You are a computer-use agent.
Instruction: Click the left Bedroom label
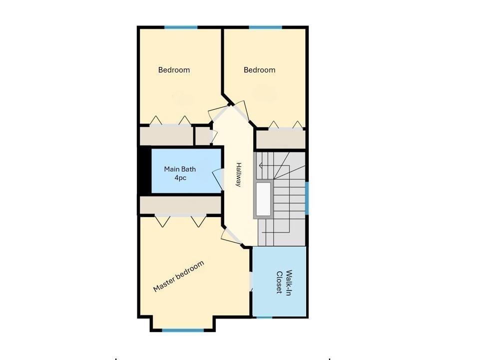tap(174, 70)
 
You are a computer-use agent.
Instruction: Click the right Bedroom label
tap(259, 70)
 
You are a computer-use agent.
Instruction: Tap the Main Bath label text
tap(180, 173)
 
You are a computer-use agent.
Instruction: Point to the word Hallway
tap(239, 174)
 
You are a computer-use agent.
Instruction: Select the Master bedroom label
tap(179, 276)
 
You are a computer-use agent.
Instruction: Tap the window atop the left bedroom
tap(181, 27)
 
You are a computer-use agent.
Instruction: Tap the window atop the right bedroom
tap(265, 27)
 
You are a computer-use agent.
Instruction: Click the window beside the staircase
tap(307, 197)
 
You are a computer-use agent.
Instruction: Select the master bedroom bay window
tap(183, 330)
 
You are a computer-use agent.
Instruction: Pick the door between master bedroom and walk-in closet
tap(251, 281)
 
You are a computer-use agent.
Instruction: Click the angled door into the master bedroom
tap(230, 235)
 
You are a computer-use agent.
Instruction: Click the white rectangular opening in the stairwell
tap(263, 198)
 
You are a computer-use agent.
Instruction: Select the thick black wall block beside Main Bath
tap(144, 170)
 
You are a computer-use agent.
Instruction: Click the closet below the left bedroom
tap(166, 136)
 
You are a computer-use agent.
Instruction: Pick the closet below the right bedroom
tap(280, 139)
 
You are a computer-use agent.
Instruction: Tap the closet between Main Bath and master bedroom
tap(180, 205)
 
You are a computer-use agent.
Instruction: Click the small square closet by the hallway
tap(202, 135)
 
